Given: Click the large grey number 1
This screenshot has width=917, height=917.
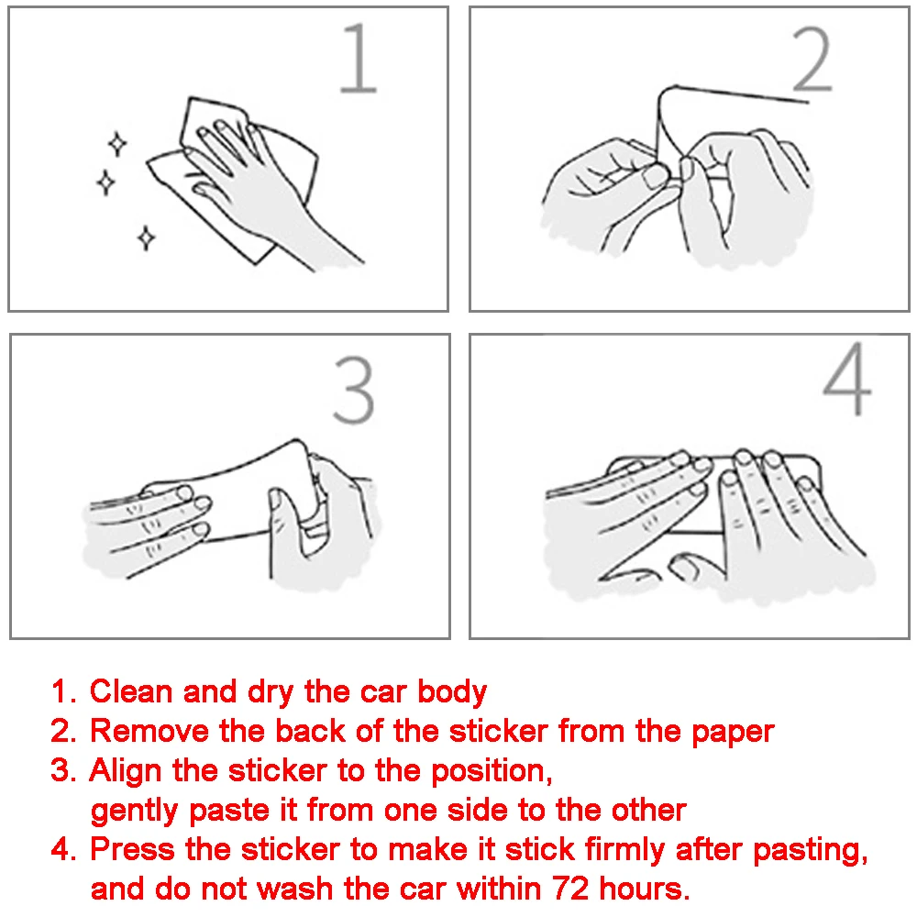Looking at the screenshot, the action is (358, 59).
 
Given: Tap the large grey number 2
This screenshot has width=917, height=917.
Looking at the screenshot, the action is (812, 59).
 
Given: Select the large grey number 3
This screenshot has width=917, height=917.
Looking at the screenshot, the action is (353, 390).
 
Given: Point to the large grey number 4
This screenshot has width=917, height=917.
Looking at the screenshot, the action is (847, 380).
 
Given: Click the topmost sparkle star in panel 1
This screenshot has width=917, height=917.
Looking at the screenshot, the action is (117, 144).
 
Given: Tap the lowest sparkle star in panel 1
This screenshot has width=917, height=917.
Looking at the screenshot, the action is (146, 238).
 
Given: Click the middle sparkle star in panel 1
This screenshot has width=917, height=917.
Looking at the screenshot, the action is (105, 182).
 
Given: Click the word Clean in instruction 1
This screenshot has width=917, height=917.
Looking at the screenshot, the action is (131, 691).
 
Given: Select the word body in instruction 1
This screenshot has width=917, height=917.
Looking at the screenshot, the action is (452, 692).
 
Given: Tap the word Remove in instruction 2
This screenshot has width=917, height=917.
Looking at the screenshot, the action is (149, 731).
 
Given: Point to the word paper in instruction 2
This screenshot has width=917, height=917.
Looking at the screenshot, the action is (733, 733).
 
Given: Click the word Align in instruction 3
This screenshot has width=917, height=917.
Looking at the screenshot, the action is (125, 771).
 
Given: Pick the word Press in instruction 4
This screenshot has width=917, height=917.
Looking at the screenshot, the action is (132, 850).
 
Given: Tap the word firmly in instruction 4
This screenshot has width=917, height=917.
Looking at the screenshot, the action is (624, 850).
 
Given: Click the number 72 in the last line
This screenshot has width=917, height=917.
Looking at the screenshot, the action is (570, 889).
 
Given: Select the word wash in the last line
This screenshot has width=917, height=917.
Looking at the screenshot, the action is (295, 889).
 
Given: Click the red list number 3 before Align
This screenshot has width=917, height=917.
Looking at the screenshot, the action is (61, 770).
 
